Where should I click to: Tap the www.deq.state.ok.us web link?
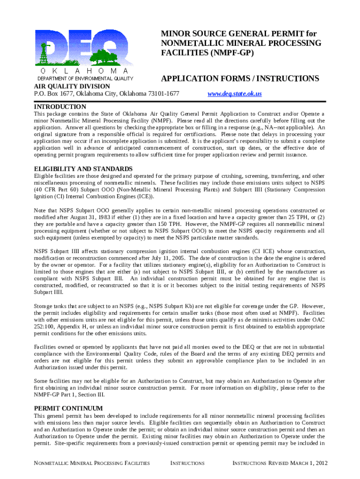(x=234, y=94)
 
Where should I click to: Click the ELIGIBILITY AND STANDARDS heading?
(x=83, y=169)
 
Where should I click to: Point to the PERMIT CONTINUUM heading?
(x=68, y=408)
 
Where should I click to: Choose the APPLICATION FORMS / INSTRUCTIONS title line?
(x=240, y=79)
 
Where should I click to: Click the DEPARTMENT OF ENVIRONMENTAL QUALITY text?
(x=86, y=79)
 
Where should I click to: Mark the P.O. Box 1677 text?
(x=55, y=94)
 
